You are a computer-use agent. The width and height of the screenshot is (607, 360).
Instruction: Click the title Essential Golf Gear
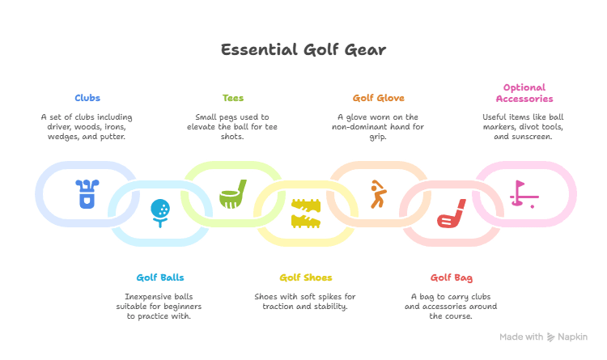(x=303, y=50)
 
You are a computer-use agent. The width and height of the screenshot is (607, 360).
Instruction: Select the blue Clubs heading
(x=87, y=98)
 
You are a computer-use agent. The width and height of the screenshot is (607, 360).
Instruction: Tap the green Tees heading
(x=232, y=98)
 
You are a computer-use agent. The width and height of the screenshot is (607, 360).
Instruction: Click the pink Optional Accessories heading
(x=524, y=93)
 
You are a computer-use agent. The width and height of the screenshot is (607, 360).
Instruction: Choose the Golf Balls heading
(x=159, y=277)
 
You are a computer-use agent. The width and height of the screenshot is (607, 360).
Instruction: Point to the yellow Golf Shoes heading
(x=306, y=277)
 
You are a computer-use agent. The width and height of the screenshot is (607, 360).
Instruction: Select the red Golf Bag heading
(x=451, y=277)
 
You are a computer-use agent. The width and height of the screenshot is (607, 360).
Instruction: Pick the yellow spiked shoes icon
(x=306, y=213)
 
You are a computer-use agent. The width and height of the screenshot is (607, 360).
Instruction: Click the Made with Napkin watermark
(x=542, y=337)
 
